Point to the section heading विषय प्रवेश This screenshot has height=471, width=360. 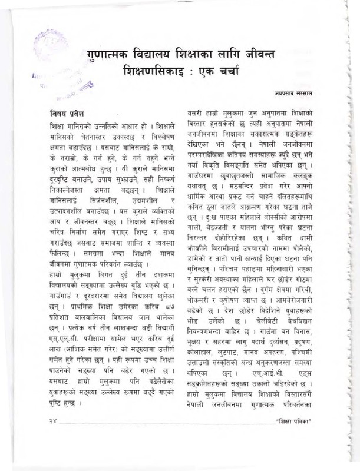(68, 112)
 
